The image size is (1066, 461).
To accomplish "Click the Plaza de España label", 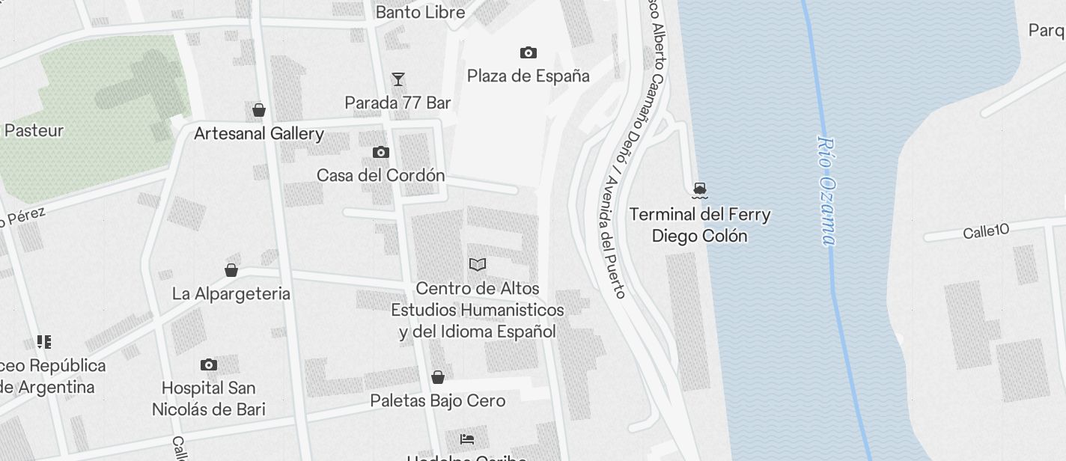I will (x=528, y=76).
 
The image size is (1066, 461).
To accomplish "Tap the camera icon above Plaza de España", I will (x=528, y=52).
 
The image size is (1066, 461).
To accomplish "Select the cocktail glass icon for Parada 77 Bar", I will (x=398, y=79).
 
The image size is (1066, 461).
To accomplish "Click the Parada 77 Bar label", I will (x=398, y=103).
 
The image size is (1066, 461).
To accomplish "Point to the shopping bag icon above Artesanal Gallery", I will (x=259, y=111).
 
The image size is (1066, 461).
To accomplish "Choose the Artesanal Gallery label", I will (x=259, y=134).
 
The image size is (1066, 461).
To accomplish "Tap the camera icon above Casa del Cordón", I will (x=381, y=153).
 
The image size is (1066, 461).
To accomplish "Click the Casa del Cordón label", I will (x=381, y=175).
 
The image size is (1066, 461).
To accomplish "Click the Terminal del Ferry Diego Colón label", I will (x=700, y=225).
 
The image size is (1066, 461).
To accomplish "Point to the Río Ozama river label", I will (x=826, y=190).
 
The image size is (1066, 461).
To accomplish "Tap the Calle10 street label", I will (x=986, y=231).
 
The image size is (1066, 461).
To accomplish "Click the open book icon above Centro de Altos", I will (x=478, y=264).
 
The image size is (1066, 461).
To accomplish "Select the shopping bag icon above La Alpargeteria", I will (x=231, y=270).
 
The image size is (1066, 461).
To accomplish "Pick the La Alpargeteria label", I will (x=231, y=293).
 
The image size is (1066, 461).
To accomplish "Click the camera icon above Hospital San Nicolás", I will (x=209, y=365).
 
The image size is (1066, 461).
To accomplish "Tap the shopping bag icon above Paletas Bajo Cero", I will (x=438, y=377).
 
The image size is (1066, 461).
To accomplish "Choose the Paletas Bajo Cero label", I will (x=438, y=400).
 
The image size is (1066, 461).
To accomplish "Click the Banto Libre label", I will (x=420, y=12).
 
